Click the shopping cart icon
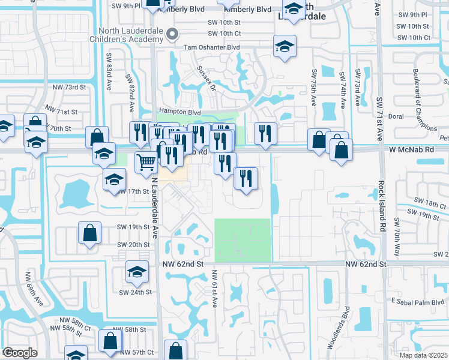pyautogui.click(x=146, y=161)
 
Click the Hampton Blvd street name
pyautogui.click(x=178, y=112)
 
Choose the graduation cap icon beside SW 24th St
pyautogui.click(x=137, y=273)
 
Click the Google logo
pyautogui.click(x=19, y=353)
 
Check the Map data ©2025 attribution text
pyautogui.click(x=416, y=355)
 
